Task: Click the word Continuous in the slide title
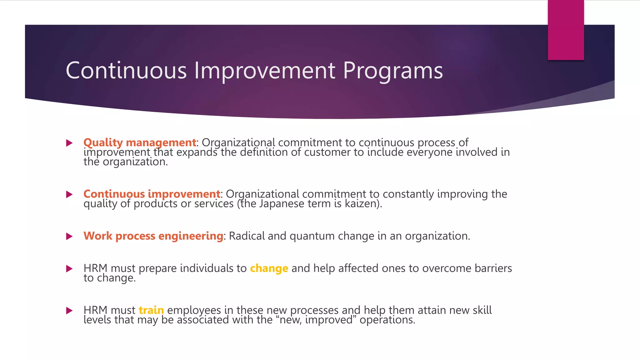126,71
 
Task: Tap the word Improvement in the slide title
265,71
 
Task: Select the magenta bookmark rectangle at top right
566,30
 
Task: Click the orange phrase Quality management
140,142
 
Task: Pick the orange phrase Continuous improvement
152,194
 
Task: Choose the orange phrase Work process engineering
153,236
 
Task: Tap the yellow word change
269,268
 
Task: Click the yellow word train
151,310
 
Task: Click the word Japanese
282,204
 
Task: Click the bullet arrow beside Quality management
69,143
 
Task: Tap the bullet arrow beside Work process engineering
69,236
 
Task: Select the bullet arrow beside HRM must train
69,311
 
